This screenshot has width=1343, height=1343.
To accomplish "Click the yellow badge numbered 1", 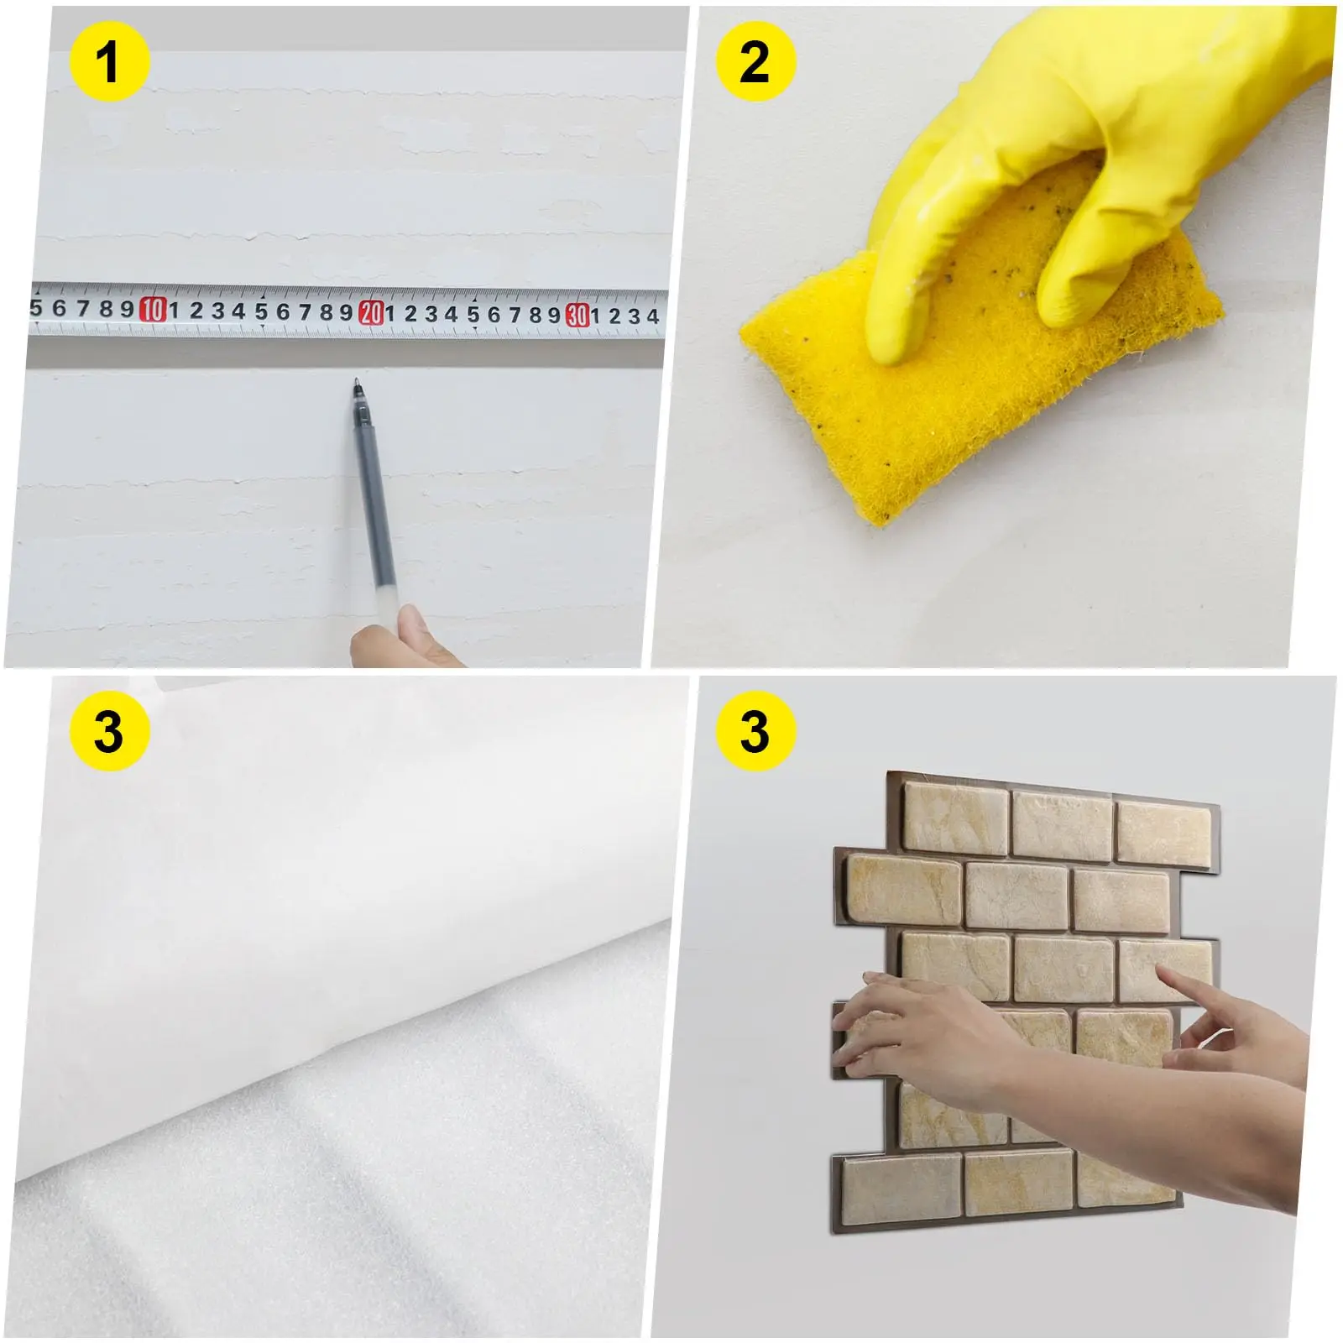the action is [109, 62].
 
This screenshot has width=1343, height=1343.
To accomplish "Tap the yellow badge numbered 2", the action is [755, 62].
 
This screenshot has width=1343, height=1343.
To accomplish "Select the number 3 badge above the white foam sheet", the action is [109, 731].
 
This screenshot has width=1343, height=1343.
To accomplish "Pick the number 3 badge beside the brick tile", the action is [755, 731].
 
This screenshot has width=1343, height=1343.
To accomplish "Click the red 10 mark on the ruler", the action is [153, 310].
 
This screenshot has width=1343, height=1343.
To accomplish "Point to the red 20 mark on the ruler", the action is [371, 313].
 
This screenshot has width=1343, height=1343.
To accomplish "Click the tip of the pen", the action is [356, 379].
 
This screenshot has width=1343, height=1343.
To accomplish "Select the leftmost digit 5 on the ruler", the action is [35, 307].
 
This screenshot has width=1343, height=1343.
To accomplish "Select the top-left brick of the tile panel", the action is [954, 819].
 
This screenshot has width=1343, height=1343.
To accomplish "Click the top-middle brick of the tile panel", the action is [1062, 827].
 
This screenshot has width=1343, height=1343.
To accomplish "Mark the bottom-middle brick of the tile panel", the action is [1019, 1184].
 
